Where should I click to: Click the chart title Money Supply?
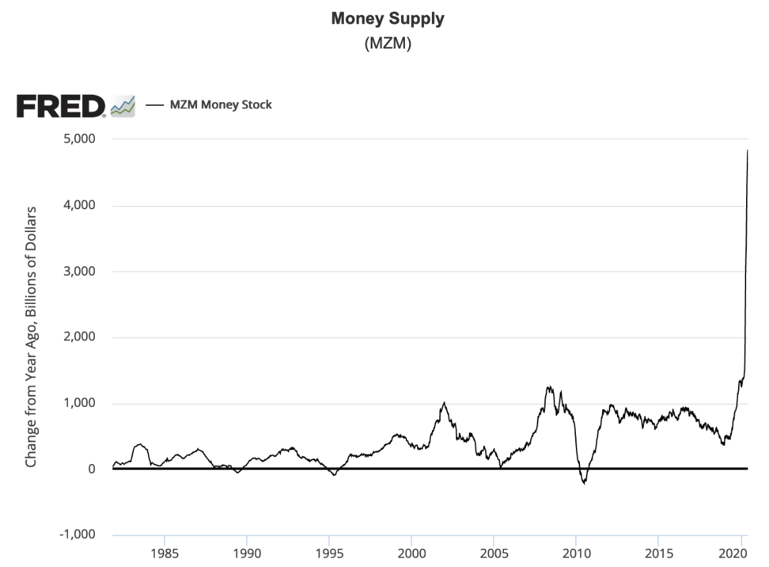tap(388, 19)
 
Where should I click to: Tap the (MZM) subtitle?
tap(388, 44)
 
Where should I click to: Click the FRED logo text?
tap(61, 106)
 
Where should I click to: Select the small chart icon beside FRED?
tap(123, 106)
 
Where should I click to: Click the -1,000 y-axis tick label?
tap(77, 535)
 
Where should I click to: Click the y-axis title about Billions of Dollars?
tap(31, 337)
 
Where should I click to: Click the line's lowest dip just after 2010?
tap(585, 483)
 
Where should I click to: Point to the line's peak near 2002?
tap(444, 403)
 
